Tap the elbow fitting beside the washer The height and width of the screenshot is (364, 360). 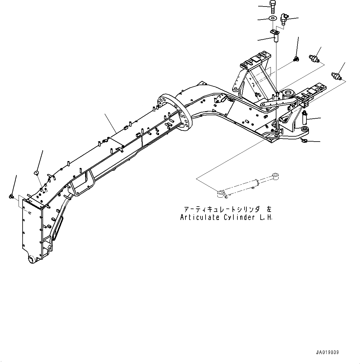tap(283, 19)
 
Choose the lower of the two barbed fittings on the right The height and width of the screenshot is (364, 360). tap(336, 76)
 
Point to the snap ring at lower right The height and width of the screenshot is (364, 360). tap(304, 141)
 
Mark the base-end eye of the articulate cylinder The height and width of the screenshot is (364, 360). tap(220, 194)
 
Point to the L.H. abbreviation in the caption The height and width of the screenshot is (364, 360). tap(267, 217)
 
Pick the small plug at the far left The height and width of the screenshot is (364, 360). tap(11, 196)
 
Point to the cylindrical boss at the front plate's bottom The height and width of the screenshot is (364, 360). tap(32, 260)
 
